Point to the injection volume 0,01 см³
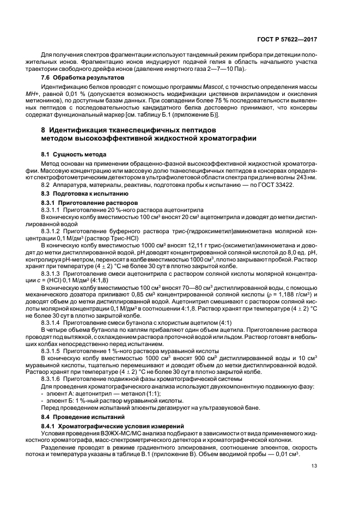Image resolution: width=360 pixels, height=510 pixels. click(x=286, y=455)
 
